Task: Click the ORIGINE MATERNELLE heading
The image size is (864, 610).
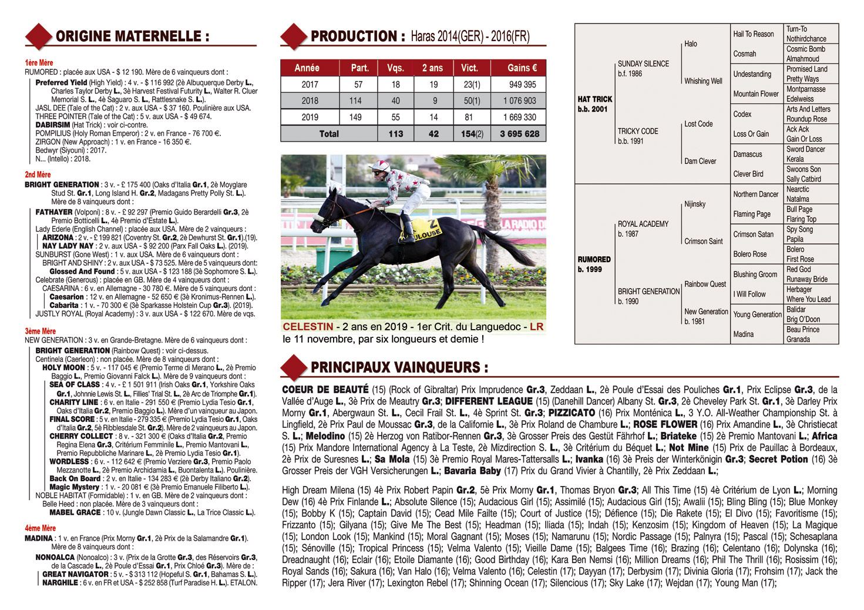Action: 132,36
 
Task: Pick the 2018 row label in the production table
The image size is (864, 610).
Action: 310,101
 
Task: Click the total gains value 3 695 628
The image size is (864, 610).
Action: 519,134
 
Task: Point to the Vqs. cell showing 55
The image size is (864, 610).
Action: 395,118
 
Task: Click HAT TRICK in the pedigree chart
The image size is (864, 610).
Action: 594,100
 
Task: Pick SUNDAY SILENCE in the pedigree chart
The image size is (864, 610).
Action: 643,63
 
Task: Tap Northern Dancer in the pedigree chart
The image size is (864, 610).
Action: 755,195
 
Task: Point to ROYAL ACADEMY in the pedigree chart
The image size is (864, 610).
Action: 643,224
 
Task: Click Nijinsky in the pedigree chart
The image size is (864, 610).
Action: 695,205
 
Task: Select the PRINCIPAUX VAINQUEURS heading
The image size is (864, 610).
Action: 399,368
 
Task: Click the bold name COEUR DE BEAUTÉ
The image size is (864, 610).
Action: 325,390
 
